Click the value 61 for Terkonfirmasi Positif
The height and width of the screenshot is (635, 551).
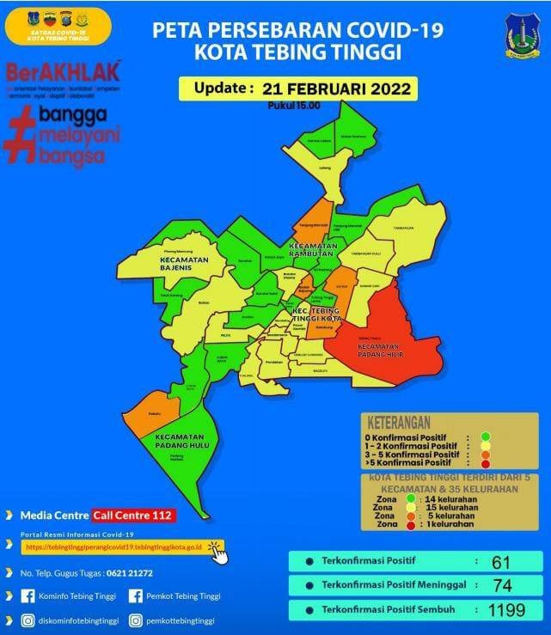(501, 562)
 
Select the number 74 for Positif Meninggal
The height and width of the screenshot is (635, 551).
(501, 586)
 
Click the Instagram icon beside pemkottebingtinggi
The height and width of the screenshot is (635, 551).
(137, 620)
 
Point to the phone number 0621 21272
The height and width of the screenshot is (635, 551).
(129, 572)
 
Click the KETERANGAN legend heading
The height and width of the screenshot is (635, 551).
(403, 424)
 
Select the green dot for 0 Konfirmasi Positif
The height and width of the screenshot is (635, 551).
(486, 437)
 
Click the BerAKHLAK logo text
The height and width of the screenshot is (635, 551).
(62, 70)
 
